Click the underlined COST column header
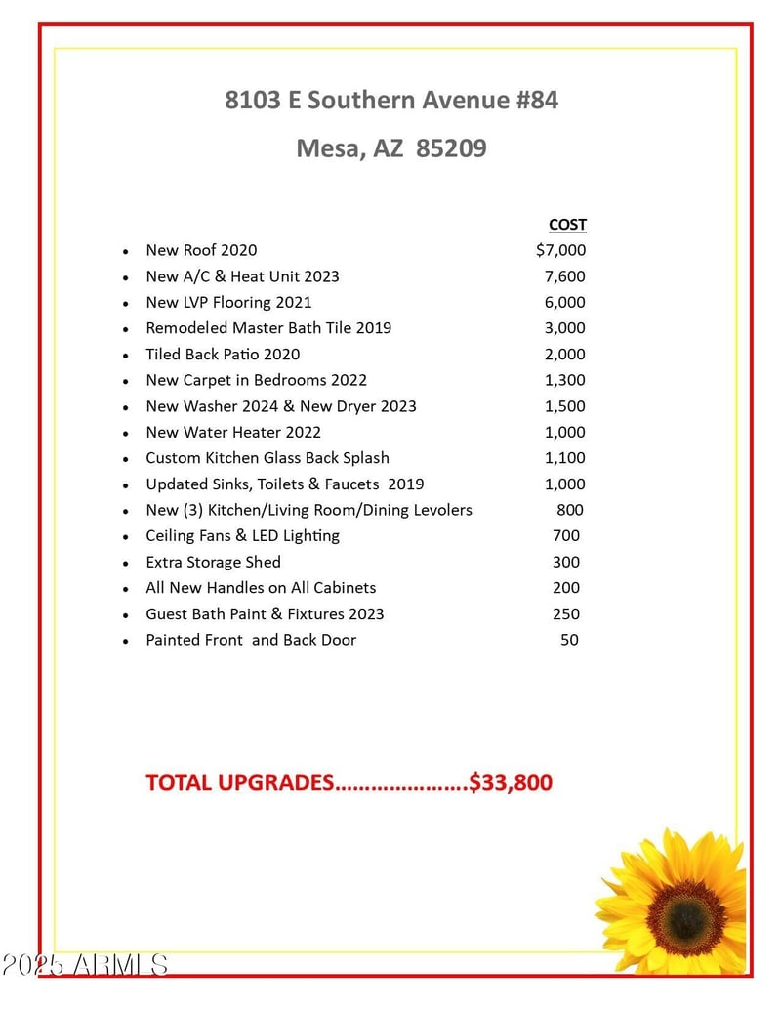pos(567,225)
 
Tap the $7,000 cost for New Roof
pos(561,250)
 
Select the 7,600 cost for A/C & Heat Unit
pos(565,276)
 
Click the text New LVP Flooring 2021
pos(228,303)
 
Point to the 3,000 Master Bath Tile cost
pos(565,328)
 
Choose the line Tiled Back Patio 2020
pos(223,355)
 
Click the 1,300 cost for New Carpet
pos(565,380)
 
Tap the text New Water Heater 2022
pos(233,432)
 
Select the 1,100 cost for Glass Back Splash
pos(565,458)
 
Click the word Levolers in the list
pos(437,510)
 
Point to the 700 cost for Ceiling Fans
pos(566,535)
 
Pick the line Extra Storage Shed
pos(213,562)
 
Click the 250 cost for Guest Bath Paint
pos(566,613)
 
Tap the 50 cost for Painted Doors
pos(569,640)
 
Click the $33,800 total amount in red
pos(511,782)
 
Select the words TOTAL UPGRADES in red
pos(240,782)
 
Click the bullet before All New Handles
pos(126,589)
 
